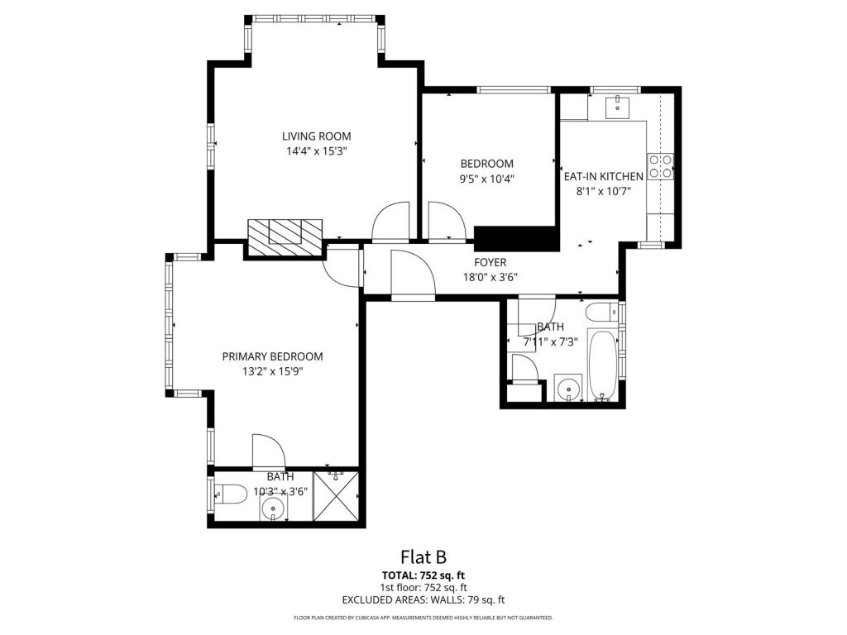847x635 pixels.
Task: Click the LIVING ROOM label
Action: (x=317, y=136)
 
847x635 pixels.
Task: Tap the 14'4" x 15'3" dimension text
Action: (x=316, y=151)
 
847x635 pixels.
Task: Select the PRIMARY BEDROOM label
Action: (x=273, y=356)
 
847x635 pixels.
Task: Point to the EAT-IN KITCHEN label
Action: (x=603, y=176)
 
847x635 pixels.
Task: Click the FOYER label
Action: (x=490, y=262)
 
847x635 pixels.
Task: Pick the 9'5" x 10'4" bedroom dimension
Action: (x=486, y=179)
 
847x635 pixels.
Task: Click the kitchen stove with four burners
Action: (x=661, y=166)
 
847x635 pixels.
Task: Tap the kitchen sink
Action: (x=617, y=107)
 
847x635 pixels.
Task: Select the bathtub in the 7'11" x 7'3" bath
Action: (x=602, y=365)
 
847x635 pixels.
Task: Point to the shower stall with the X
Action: (x=336, y=496)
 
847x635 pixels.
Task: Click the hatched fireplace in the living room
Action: (x=285, y=238)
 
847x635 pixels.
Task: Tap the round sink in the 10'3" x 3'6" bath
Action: (x=274, y=508)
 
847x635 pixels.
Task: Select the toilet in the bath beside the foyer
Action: (x=602, y=312)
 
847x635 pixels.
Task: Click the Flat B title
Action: (x=423, y=556)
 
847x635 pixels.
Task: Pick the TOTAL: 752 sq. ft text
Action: (x=423, y=575)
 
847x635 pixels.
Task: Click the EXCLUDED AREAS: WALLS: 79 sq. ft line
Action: (x=423, y=600)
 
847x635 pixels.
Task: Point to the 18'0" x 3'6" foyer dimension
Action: (x=490, y=278)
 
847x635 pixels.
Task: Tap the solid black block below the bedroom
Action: (x=515, y=239)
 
